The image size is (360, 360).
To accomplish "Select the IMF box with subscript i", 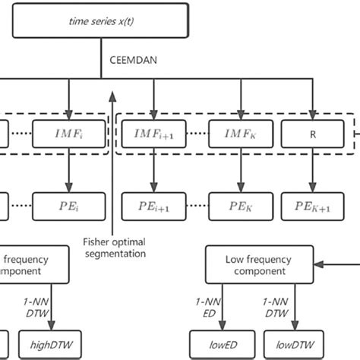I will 57,134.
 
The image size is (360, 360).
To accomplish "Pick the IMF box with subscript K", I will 239,134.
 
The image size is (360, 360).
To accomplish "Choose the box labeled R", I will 311,134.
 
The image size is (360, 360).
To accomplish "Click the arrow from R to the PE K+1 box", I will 311,170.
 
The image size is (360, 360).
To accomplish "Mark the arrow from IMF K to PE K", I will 239,170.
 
